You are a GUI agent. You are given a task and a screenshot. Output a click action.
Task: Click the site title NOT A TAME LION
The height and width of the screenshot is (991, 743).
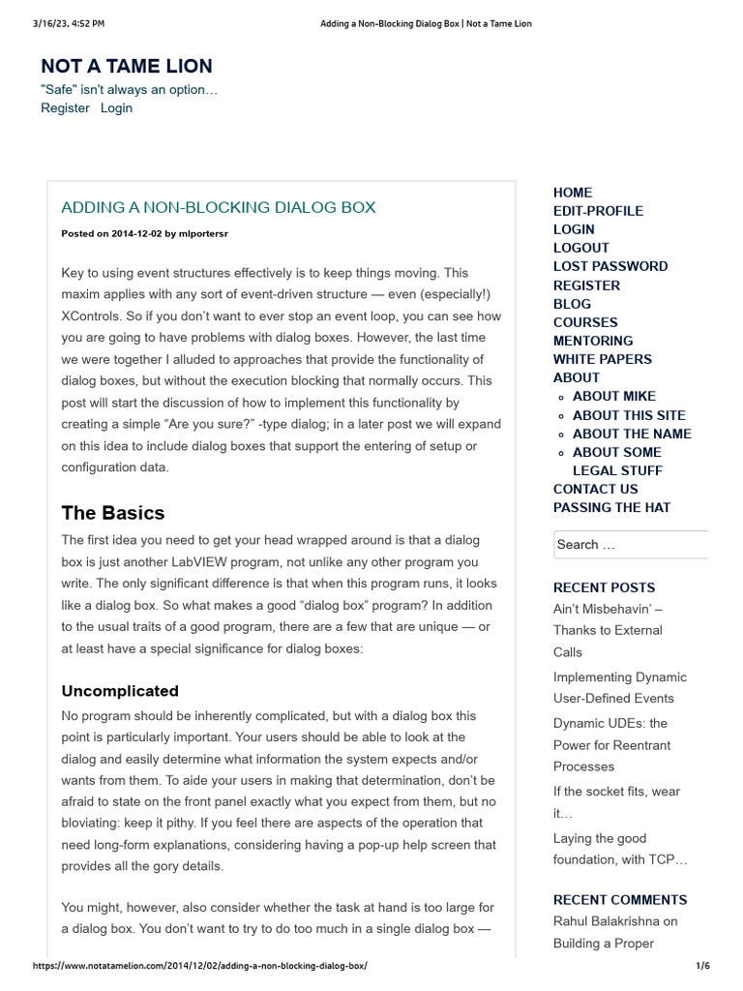coord(127,66)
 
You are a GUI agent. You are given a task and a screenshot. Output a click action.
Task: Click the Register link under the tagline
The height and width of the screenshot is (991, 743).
coord(65,108)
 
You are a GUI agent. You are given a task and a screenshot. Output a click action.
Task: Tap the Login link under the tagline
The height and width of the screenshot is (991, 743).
coord(116,108)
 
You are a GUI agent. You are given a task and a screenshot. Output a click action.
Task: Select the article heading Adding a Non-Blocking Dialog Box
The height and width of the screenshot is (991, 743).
coord(218,207)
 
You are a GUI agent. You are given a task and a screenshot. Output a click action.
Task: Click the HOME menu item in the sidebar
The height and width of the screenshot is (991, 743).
coord(573,193)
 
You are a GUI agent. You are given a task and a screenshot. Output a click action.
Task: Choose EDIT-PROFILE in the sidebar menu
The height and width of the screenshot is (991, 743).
coord(598,211)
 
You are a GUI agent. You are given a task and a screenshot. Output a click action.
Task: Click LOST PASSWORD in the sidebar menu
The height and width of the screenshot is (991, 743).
coord(610,266)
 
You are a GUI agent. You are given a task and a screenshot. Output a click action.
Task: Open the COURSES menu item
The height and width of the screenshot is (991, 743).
coord(585,322)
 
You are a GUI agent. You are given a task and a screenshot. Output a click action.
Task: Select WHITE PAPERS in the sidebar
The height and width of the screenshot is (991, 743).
coord(603,359)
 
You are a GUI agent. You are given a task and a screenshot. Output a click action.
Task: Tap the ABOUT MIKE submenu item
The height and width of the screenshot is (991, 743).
coord(614,396)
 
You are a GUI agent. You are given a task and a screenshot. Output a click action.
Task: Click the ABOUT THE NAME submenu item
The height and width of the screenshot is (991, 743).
coord(632,434)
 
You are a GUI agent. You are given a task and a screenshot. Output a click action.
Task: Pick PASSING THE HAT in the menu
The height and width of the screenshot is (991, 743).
coord(611,507)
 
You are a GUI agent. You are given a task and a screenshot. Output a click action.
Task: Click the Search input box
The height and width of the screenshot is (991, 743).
coord(630,545)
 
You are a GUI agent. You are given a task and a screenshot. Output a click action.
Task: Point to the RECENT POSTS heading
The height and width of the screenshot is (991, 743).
coord(604,587)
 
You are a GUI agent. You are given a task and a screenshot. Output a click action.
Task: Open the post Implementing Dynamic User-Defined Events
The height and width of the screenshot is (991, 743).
coord(619,687)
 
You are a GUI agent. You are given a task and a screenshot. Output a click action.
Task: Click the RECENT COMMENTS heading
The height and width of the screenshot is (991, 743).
coord(620,900)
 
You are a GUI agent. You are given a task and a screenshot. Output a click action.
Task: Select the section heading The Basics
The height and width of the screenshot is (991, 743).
coord(113,513)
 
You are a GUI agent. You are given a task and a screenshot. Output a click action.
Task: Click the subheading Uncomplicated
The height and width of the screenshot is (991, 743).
coord(120,691)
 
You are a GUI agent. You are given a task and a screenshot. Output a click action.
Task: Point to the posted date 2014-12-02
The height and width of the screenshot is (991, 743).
coord(135,233)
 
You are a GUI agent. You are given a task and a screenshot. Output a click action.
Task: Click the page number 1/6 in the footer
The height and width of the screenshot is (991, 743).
coord(702,966)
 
